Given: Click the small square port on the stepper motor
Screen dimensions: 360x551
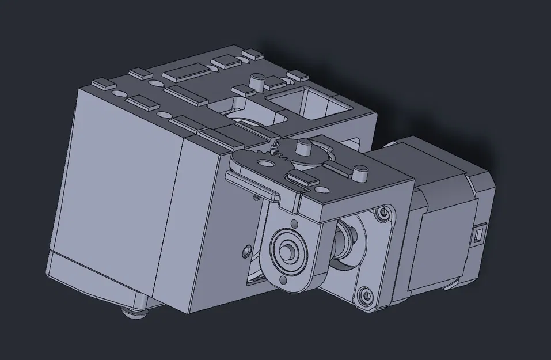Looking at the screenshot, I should (477, 234).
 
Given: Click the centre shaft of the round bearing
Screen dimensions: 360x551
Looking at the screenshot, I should (286, 252).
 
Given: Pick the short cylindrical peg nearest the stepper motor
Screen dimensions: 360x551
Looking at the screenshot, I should (360, 172).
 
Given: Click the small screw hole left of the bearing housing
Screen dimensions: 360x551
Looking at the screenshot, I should (247, 251).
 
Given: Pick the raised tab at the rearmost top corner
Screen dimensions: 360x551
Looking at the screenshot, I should (252, 55).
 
